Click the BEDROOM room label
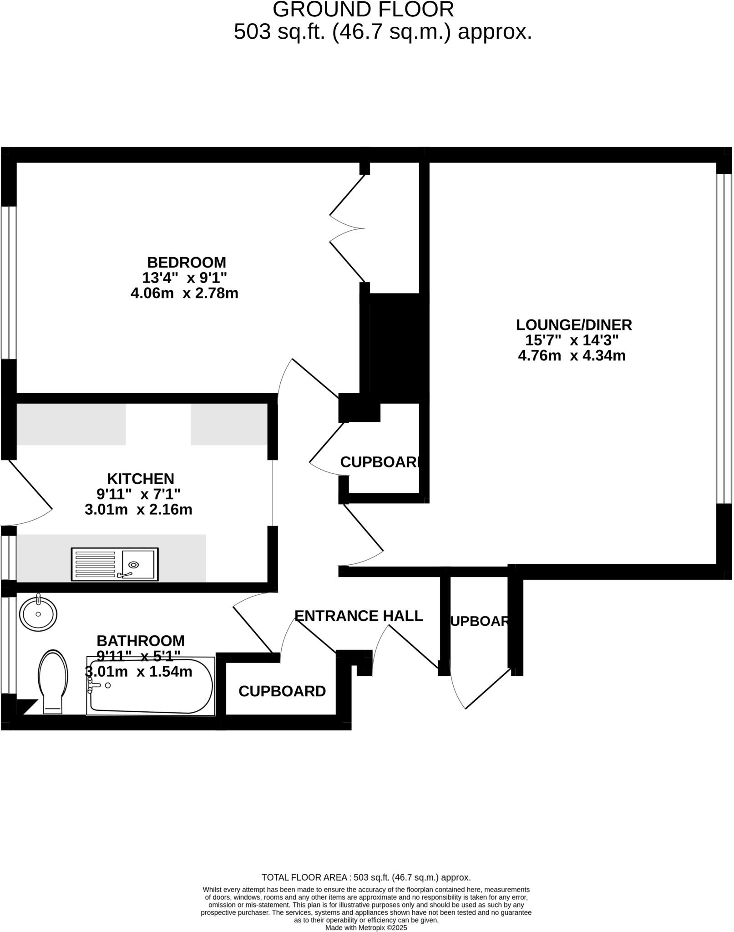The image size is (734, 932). (x=187, y=263)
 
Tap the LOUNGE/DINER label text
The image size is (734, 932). (x=574, y=325)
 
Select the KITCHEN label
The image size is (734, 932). (x=141, y=479)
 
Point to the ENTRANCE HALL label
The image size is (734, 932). (x=359, y=616)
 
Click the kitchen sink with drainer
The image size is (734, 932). (x=115, y=564)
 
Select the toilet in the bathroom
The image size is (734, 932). (x=53, y=681)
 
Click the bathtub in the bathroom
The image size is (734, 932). (x=151, y=687)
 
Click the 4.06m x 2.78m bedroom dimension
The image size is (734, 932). (x=184, y=294)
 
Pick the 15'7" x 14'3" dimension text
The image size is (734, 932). (x=572, y=340)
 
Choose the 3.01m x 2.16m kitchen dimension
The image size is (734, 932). (x=138, y=510)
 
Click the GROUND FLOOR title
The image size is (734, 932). (x=363, y=10)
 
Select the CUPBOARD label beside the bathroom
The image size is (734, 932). (x=282, y=691)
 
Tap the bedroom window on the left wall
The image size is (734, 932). (x=9, y=283)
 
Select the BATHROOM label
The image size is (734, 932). (x=141, y=641)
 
